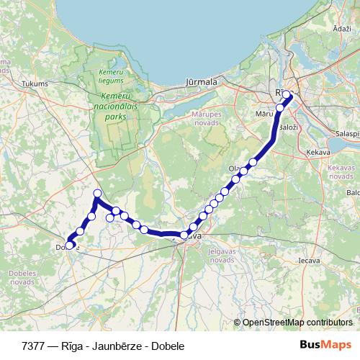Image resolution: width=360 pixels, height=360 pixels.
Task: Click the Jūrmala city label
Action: tap(202, 82)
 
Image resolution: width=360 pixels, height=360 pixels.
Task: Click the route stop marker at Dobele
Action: tap(71, 243)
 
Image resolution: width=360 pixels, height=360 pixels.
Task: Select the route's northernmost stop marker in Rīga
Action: tap(287, 94)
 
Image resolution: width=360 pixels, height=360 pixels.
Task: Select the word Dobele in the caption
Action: tap(168, 346)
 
